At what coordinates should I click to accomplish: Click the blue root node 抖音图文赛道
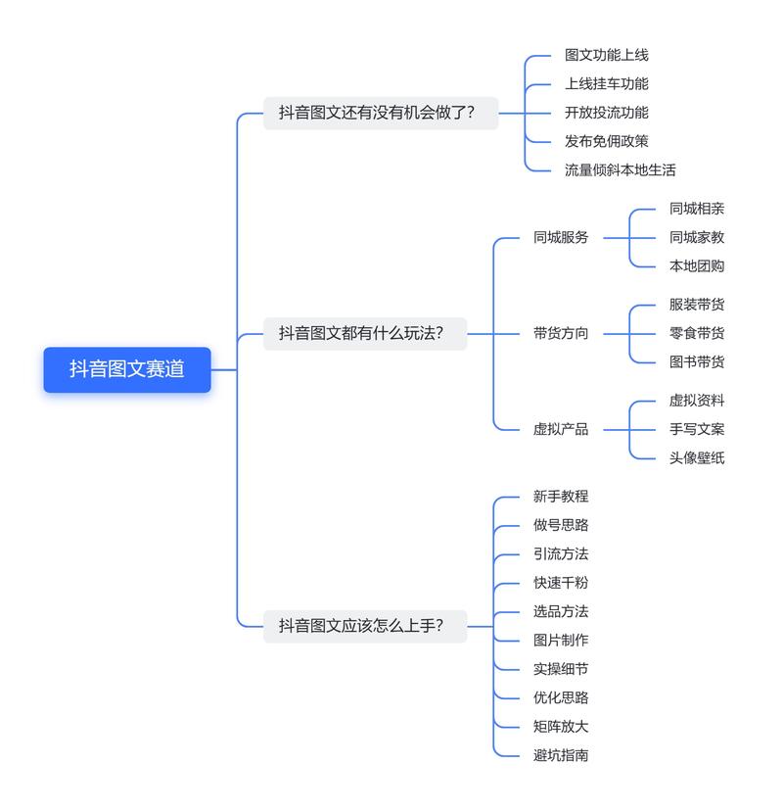click(x=127, y=369)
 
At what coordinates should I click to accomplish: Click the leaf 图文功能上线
click(x=606, y=56)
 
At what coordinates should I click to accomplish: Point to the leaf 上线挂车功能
click(x=606, y=84)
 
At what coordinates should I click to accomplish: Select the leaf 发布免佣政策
click(x=606, y=141)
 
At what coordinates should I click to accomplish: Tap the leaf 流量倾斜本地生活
click(x=620, y=169)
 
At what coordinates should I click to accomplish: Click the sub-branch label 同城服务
click(x=561, y=237)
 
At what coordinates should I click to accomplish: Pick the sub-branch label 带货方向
click(x=561, y=333)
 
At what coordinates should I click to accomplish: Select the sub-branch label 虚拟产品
click(x=561, y=429)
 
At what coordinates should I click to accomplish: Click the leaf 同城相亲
click(x=697, y=209)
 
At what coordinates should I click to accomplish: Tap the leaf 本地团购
click(x=697, y=265)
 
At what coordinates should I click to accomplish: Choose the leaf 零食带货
click(x=697, y=333)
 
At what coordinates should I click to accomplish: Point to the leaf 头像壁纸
click(x=697, y=457)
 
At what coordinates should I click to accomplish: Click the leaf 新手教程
click(x=561, y=497)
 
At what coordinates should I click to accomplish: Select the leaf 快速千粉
click(x=561, y=583)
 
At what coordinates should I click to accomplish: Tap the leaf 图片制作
click(x=561, y=640)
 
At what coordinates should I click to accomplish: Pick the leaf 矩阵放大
click(x=561, y=726)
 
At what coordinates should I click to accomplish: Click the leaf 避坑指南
click(x=561, y=754)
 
